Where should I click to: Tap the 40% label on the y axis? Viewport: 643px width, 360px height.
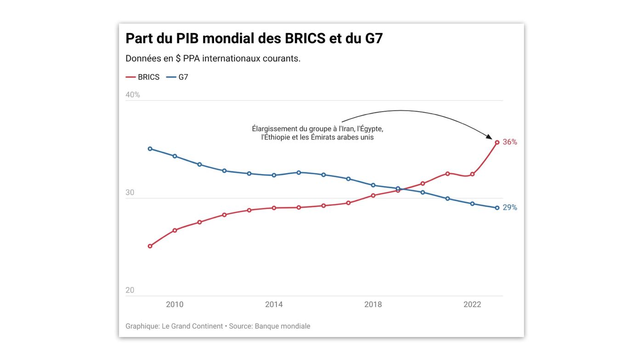(x=133, y=95)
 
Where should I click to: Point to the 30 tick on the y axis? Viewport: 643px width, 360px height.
(x=130, y=192)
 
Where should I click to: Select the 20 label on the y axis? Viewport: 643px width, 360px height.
(x=130, y=290)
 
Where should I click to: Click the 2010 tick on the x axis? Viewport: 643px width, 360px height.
(x=175, y=304)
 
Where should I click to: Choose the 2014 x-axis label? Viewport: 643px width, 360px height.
(x=274, y=304)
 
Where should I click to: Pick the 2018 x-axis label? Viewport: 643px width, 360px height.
(x=373, y=304)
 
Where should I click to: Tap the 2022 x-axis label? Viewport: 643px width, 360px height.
(x=472, y=304)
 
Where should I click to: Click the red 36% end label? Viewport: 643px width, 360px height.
(x=510, y=142)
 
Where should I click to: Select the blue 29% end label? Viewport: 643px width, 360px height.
(x=510, y=208)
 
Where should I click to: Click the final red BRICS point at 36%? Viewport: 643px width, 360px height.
(x=497, y=142)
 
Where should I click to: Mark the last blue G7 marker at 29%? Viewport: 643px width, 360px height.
(x=497, y=208)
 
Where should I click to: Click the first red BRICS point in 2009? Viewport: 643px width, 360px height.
(x=150, y=246)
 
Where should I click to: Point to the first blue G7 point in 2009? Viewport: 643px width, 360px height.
(x=150, y=149)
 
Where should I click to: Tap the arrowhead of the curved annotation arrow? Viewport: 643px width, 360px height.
(x=490, y=137)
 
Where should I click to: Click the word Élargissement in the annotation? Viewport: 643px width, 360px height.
(x=274, y=129)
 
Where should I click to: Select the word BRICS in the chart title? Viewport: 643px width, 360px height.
(x=305, y=39)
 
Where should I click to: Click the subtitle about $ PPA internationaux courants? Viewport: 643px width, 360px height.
(x=213, y=58)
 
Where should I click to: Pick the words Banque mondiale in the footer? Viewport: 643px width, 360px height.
(x=282, y=326)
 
